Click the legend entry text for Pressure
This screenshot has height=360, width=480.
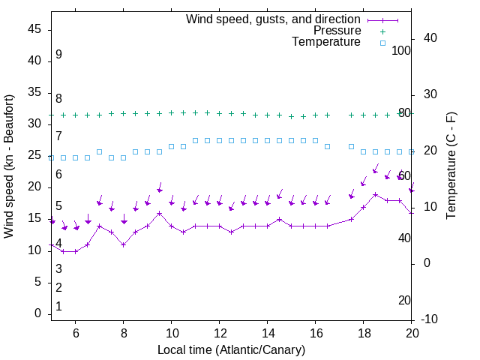click(x=337, y=31)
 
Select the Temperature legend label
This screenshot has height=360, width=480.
click(x=326, y=43)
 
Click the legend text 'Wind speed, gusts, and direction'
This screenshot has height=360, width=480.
click(x=273, y=19)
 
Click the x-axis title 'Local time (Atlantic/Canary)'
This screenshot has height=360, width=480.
click(x=232, y=350)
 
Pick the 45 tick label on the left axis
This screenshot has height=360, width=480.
click(x=34, y=29)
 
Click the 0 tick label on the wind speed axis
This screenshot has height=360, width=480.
click(x=37, y=313)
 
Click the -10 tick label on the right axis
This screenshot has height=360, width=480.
click(x=430, y=319)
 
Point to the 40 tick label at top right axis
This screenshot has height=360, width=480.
click(x=430, y=38)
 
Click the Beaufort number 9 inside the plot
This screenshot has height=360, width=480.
click(x=58, y=55)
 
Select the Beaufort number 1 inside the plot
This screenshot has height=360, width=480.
click(x=58, y=307)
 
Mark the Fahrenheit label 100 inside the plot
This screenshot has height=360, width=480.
click(x=402, y=50)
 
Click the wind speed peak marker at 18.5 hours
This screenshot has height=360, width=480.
click(x=376, y=194)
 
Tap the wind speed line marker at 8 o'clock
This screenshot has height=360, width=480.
click(x=124, y=244)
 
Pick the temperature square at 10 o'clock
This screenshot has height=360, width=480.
click(x=172, y=146)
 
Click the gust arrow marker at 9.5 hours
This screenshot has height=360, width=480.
click(x=160, y=190)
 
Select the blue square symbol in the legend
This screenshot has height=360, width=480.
click(x=382, y=43)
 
